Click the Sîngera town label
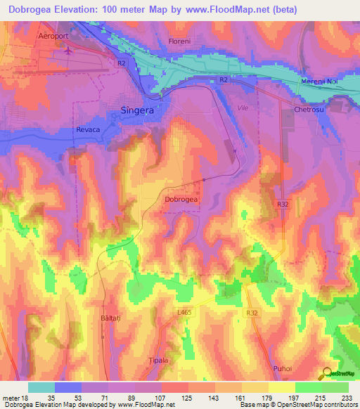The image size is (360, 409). pos(133,110)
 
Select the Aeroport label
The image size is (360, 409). pos(56,36)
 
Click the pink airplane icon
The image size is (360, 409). pos(68,50)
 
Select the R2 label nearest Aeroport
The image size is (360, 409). pos(121,63)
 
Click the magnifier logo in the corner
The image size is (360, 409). pos(328,373)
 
